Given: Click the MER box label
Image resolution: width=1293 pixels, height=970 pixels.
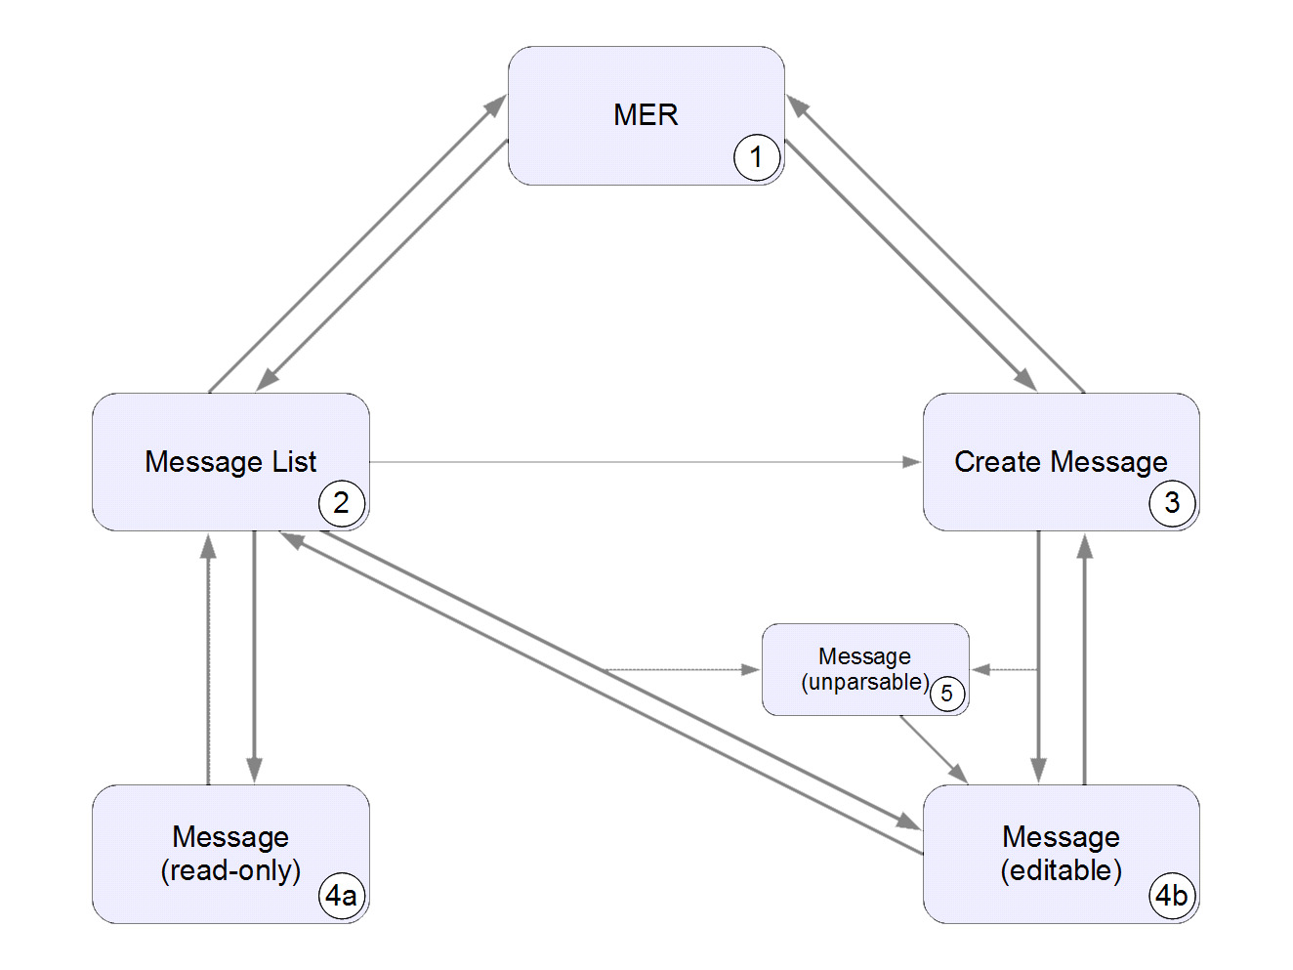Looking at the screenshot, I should [x=646, y=115].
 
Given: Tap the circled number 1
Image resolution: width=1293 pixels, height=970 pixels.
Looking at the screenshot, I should [x=756, y=157].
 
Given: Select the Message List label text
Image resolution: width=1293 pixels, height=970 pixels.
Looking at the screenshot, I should [x=230, y=462].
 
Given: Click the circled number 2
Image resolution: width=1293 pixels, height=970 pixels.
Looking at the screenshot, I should [x=341, y=503].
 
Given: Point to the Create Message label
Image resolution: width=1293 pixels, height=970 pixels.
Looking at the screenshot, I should [x=1061, y=462].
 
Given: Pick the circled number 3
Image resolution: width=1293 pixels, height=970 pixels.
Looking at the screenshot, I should [x=1171, y=503].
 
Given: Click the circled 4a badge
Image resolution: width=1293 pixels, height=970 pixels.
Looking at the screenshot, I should [x=341, y=895].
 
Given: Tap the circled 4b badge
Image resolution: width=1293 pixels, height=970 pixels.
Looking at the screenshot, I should [x=1171, y=895].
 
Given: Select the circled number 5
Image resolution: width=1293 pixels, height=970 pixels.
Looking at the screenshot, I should [x=946, y=694].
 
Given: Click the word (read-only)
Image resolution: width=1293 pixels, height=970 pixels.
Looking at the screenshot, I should [x=230, y=870].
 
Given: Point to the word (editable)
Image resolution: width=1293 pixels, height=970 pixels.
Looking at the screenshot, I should [x=1061, y=870].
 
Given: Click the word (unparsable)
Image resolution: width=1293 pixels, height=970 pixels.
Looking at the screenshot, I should [x=864, y=682].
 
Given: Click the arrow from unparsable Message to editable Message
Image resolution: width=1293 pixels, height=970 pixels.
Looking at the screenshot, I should [x=933, y=749].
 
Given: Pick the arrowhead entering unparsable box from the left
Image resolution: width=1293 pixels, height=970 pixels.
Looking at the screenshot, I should [x=750, y=670].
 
